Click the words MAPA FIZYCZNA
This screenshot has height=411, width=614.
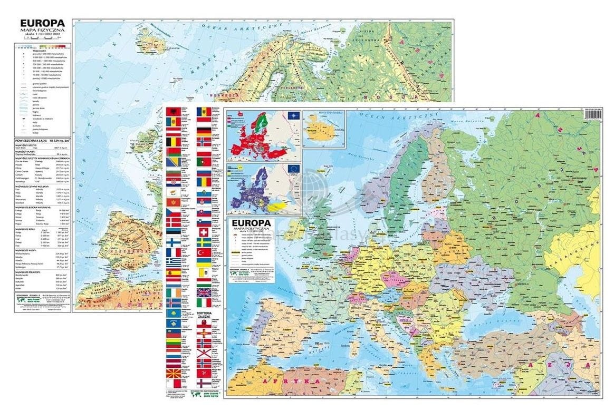click(42, 31)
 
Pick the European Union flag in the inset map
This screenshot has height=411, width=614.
click(292, 169)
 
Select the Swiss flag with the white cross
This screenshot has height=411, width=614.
click(204, 232)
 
